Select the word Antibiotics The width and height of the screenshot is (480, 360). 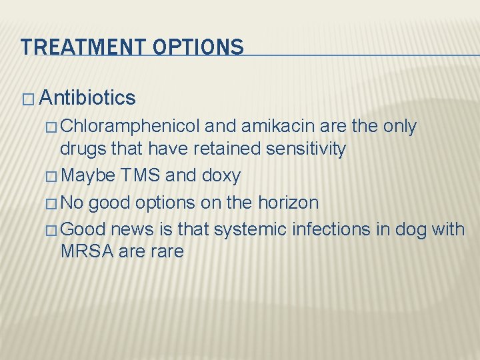(x=87, y=99)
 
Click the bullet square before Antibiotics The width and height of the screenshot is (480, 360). (x=27, y=99)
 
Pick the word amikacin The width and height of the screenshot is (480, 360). (x=270, y=126)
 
